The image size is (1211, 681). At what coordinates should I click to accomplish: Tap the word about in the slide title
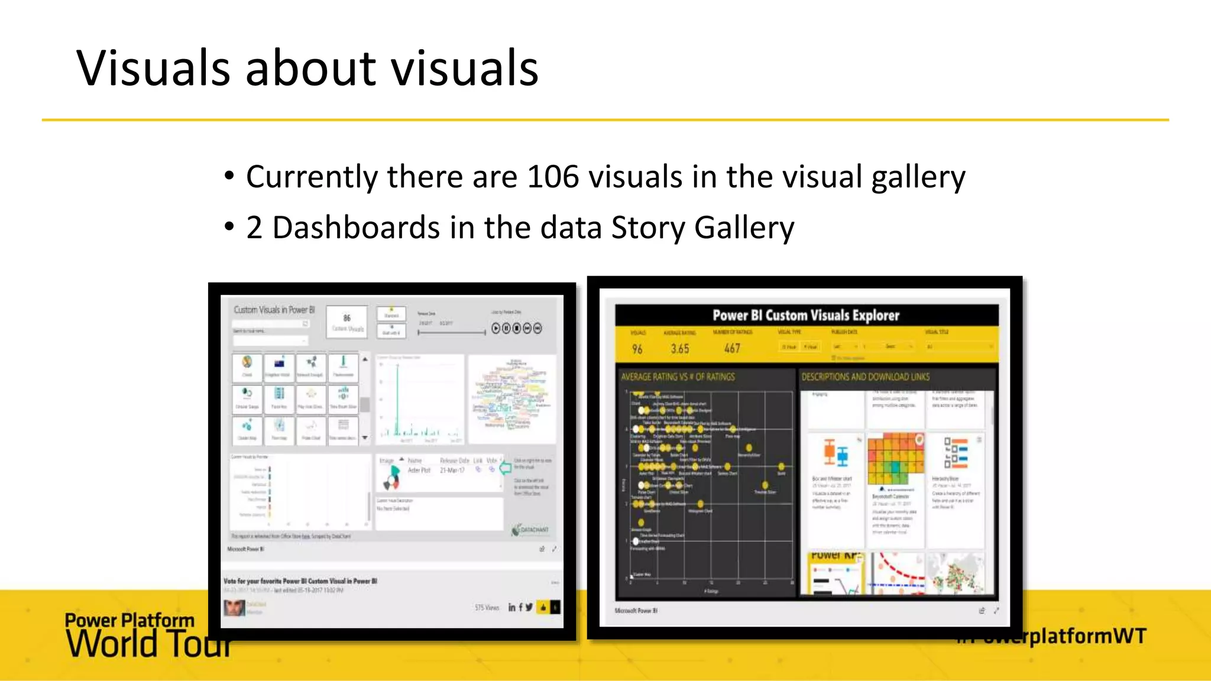[x=310, y=68]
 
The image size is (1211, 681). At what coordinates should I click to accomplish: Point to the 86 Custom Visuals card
[x=347, y=322]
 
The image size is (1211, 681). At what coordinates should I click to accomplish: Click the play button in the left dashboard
[x=496, y=328]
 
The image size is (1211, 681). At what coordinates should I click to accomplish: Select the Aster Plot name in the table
[x=419, y=470]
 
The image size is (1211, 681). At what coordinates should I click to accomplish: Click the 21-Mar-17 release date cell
[x=452, y=470]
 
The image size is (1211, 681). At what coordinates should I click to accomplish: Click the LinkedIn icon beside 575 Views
[x=511, y=607]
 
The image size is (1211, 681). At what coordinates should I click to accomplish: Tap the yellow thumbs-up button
[x=543, y=607]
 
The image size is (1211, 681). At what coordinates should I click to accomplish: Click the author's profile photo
[x=235, y=608]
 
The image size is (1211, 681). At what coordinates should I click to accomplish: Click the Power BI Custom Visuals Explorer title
[x=805, y=316]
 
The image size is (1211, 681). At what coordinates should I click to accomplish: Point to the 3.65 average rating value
[x=680, y=349]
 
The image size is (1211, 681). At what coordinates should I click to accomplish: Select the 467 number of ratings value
[x=732, y=349]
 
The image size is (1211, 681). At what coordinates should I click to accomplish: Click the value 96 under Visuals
[x=637, y=349]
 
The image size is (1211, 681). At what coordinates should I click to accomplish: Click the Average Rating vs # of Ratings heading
[x=678, y=377]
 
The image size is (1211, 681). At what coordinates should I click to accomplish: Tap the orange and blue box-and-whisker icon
[x=836, y=453]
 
